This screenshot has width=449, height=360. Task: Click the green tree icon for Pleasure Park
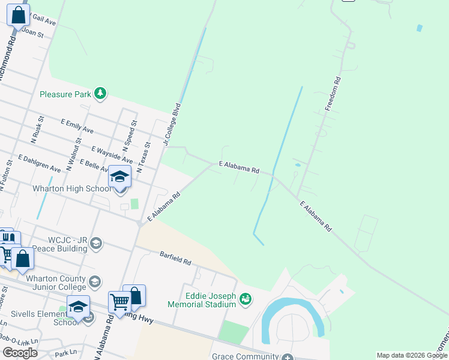pos(101,94)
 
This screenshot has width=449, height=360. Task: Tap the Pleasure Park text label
pos(65,94)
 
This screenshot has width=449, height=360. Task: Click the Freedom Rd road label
pos(333,94)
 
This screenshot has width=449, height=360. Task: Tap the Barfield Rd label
pos(175,259)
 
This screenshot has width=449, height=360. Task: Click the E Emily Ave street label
pos(77,125)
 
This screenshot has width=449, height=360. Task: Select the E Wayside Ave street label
pos(112,154)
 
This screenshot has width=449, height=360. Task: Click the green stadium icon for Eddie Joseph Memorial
pos(245,299)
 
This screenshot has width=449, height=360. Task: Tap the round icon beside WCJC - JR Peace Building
pos(96,243)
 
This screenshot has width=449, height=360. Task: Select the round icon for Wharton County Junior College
pos(94,282)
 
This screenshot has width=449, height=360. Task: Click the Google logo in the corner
pos(20,353)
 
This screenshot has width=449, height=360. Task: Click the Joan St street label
pos(33,35)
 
